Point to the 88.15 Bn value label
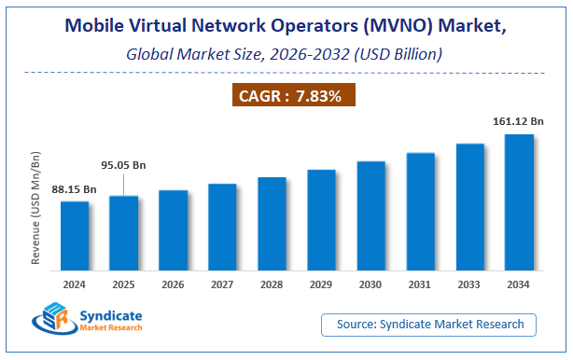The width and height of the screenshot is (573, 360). pyautogui.click(x=75, y=189)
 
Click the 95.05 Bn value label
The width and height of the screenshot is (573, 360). pyautogui.click(x=124, y=165)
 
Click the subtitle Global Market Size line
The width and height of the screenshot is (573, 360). pyautogui.click(x=286, y=54)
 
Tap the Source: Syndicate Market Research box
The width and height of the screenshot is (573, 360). pyautogui.click(x=436, y=324)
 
